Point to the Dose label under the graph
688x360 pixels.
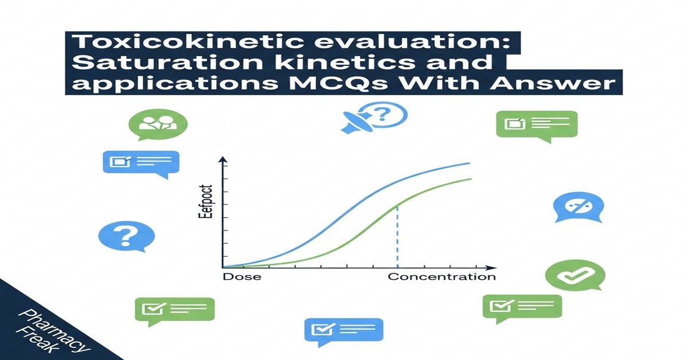[x=241, y=277]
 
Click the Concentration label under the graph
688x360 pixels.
[x=441, y=277]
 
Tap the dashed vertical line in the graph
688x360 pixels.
[x=397, y=241]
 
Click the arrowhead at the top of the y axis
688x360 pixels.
[x=223, y=161]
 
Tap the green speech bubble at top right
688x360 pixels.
[x=536, y=124]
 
